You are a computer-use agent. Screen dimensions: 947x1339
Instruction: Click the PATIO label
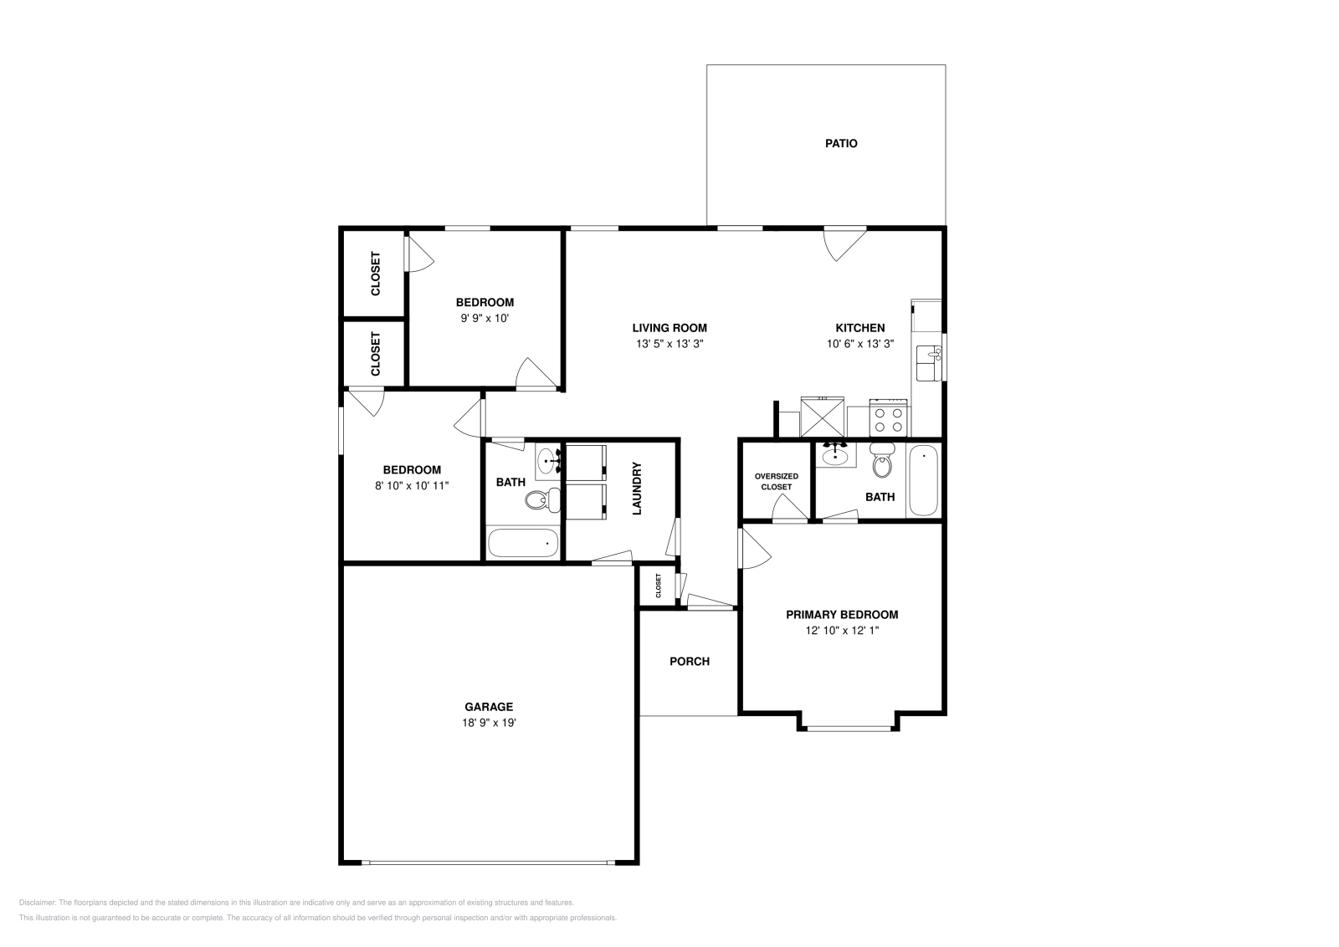[841, 143]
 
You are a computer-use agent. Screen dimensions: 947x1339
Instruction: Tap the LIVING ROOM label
[669, 328]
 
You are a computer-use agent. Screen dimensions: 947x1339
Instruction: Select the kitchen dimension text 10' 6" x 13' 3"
[860, 344]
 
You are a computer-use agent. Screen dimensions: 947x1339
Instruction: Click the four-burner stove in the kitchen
[889, 418]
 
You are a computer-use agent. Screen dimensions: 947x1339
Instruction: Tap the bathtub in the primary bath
[923, 480]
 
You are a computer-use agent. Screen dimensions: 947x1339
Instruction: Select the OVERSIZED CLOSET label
[776, 481]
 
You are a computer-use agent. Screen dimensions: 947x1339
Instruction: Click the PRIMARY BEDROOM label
[842, 614]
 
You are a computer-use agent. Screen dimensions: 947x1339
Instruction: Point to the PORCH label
[690, 661]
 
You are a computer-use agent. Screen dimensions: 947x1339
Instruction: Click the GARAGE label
[489, 707]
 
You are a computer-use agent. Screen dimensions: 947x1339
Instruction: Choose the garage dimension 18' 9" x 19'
[489, 723]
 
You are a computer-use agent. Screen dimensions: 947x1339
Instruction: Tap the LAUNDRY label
[637, 489]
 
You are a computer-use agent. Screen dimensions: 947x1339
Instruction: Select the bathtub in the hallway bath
[523, 544]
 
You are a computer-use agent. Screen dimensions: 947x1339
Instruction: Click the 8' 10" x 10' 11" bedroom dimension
[412, 485]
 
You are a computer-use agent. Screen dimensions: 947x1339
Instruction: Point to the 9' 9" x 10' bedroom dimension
[485, 318]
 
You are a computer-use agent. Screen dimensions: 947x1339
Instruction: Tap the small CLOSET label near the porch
[659, 586]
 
